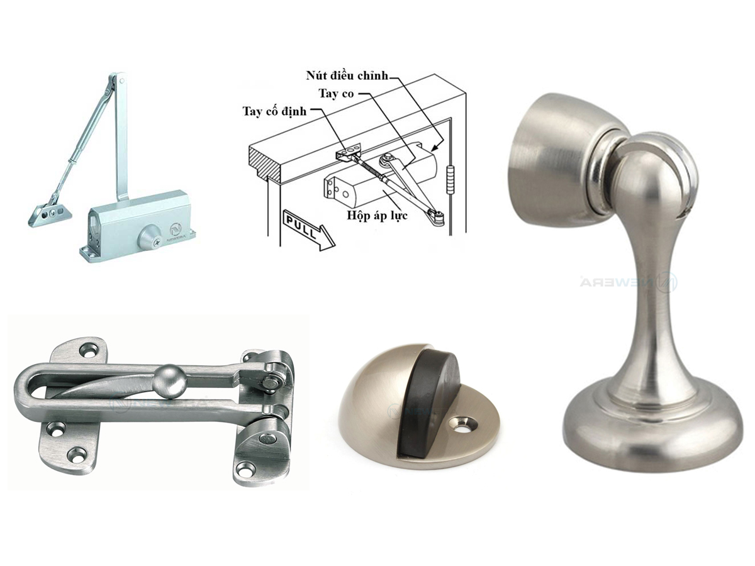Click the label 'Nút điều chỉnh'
coord(347,76)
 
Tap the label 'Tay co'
coord(337,94)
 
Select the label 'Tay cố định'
coord(274,112)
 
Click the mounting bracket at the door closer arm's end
coord(49,211)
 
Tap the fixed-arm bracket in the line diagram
coord(348,151)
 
